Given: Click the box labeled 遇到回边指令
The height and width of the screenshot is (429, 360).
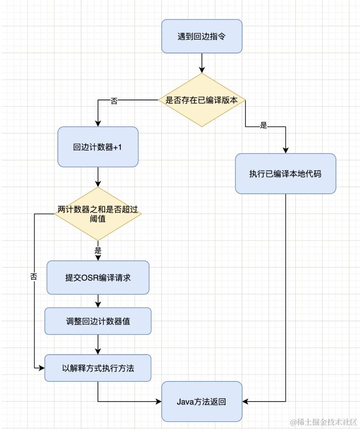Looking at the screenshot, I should click(202, 36).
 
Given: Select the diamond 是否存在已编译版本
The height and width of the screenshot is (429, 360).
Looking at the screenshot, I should click(202, 100).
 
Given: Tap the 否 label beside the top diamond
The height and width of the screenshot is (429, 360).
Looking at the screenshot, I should click(114, 101).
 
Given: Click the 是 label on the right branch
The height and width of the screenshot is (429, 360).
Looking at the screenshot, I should click(263, 126).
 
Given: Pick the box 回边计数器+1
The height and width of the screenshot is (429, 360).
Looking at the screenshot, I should click(98, 147).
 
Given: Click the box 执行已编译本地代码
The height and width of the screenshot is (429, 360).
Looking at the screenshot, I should click(285, 174).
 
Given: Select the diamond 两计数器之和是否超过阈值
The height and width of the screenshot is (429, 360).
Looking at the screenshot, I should click(98, 214).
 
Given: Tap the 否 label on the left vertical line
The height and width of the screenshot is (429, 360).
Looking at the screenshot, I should click(34, 277).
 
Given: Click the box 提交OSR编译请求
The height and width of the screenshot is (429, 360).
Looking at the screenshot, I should click(98, 278).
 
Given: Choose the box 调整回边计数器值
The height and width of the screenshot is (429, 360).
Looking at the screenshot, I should click(98, 321).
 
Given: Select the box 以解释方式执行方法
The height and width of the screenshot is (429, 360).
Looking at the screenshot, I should click(98, 368).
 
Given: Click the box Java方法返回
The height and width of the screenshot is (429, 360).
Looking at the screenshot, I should click(202, 402).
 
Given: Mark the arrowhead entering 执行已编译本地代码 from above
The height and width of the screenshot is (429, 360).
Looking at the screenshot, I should click(285, 150).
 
